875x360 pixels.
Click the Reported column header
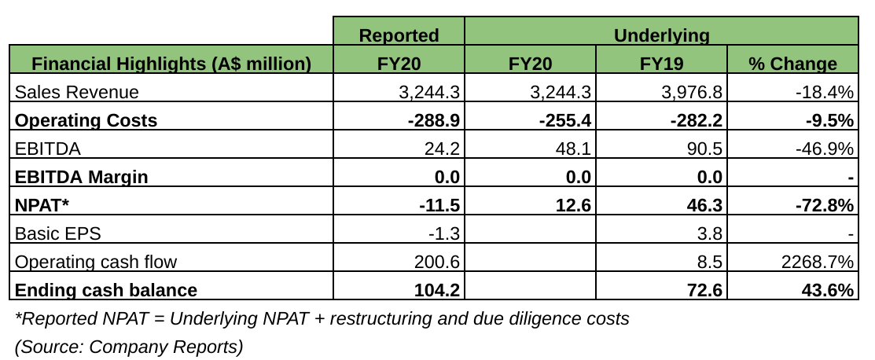pyautogui.click(x=399, y=35)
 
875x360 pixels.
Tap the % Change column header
pyautogui.click(x=792, y=64)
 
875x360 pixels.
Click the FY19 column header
pyautogui.click(x=660, y=64)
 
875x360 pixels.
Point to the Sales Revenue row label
pyautogui.click(x=77, y=92)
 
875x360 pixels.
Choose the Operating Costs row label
pyautogui.click(x=86, y=120)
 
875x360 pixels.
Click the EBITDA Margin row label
pyautogui.click(x=82, y=177)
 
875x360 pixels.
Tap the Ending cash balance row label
pyautogui.click(x=106, y=290)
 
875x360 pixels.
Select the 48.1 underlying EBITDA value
pyautogui.click(x=574, y=149)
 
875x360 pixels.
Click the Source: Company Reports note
pyautogui.click(x=129, y=346)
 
